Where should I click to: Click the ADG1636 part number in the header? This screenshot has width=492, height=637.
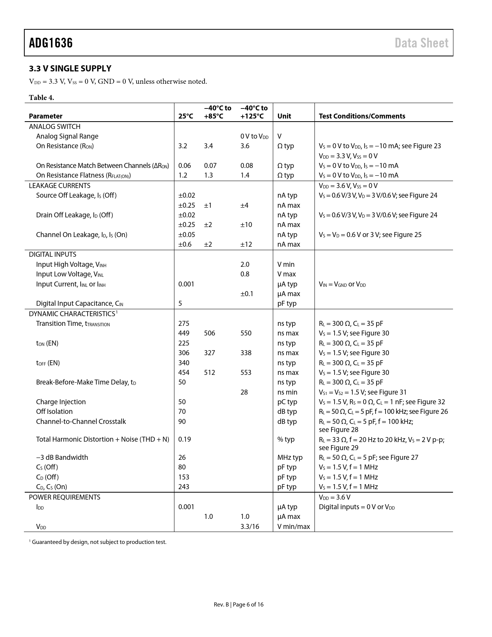point(51,43)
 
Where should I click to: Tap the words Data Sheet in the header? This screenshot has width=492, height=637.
point(421,43)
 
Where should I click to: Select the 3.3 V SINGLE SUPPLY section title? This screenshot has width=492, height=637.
point(70,69)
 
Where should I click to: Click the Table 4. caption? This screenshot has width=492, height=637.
point(41,97)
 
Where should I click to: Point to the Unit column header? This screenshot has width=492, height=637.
point(284,116)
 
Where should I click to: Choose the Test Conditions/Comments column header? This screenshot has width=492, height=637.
point(362,116)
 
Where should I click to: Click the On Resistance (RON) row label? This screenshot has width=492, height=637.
point(65,146)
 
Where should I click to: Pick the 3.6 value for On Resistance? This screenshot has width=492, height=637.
point(245,146)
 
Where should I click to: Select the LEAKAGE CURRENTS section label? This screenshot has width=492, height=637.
point(59,185)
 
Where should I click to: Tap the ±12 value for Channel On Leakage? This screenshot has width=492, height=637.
point(246,244)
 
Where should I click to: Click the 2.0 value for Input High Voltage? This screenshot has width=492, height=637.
point(245,264)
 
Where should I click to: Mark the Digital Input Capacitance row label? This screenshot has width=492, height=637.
point(79,303)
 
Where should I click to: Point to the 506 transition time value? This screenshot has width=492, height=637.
point(210,333)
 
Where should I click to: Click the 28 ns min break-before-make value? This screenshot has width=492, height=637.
point(244,392)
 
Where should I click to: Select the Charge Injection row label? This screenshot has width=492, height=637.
point(61,402)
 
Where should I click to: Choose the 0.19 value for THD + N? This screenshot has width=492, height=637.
point(184,439)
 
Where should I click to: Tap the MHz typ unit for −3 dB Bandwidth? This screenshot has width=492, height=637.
point(290,457)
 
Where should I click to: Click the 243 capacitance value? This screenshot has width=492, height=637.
point(184,487)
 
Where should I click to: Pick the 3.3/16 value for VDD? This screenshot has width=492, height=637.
point(250,527)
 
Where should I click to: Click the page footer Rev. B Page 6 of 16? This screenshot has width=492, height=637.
point(238,605)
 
